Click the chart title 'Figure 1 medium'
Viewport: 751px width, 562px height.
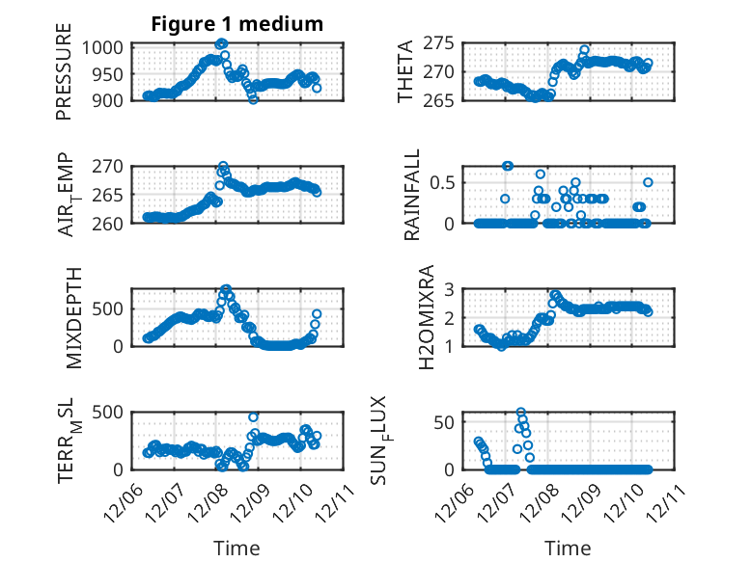click(236, 24)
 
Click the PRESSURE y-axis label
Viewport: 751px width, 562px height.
click(64, 76)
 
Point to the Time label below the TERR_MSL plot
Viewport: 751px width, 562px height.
click(236, 548)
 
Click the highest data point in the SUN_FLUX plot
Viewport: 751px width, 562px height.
click(520, 413)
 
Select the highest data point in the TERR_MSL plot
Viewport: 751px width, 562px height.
click(254, 417)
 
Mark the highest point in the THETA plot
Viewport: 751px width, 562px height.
click(585, 49)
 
